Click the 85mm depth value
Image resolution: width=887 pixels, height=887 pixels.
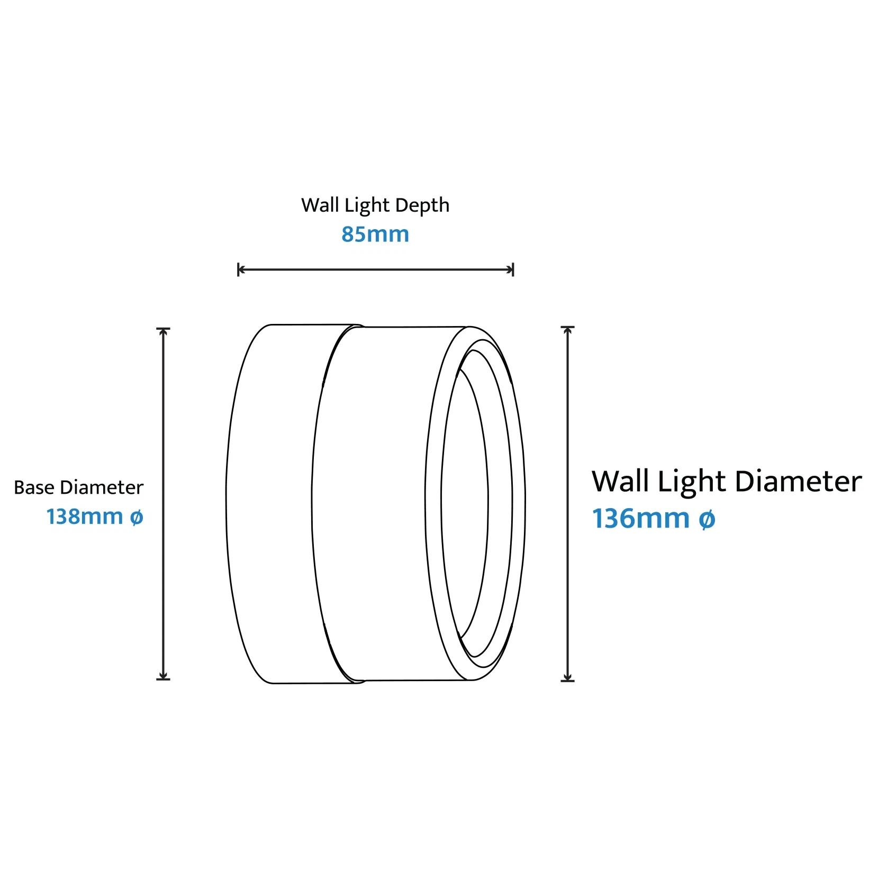(x=375, y=234)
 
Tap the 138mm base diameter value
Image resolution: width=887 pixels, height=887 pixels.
(x=85, y=517)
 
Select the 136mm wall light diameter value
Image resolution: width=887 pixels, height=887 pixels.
(x=640, y=519)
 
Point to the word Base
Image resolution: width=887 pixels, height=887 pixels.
(x=34, y=487)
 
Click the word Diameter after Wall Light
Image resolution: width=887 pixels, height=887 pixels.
(x=798, y=482)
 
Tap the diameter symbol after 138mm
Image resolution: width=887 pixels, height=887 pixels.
(x=137, y=517)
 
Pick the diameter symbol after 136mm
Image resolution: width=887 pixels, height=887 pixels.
(x=707, y=519)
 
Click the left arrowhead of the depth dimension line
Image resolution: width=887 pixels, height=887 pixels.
(x=241, y=270)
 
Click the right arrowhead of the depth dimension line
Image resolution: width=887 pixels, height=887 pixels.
(x=511, y=270)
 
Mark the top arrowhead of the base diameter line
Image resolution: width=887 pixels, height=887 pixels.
(x=164, y=332)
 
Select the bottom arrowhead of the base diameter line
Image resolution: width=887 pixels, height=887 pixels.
(x=164, y=676)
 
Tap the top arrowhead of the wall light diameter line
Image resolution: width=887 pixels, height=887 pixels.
(x=568, y=330)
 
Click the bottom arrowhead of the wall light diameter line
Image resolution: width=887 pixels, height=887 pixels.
(x=568, y=677)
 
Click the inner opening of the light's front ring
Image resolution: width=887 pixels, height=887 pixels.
(x=465, y=503)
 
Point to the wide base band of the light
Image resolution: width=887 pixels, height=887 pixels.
(x=270, y=503)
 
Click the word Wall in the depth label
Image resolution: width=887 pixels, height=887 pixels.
(x=320, y=205)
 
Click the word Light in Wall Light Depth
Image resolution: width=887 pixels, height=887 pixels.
(x=367, y=205)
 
